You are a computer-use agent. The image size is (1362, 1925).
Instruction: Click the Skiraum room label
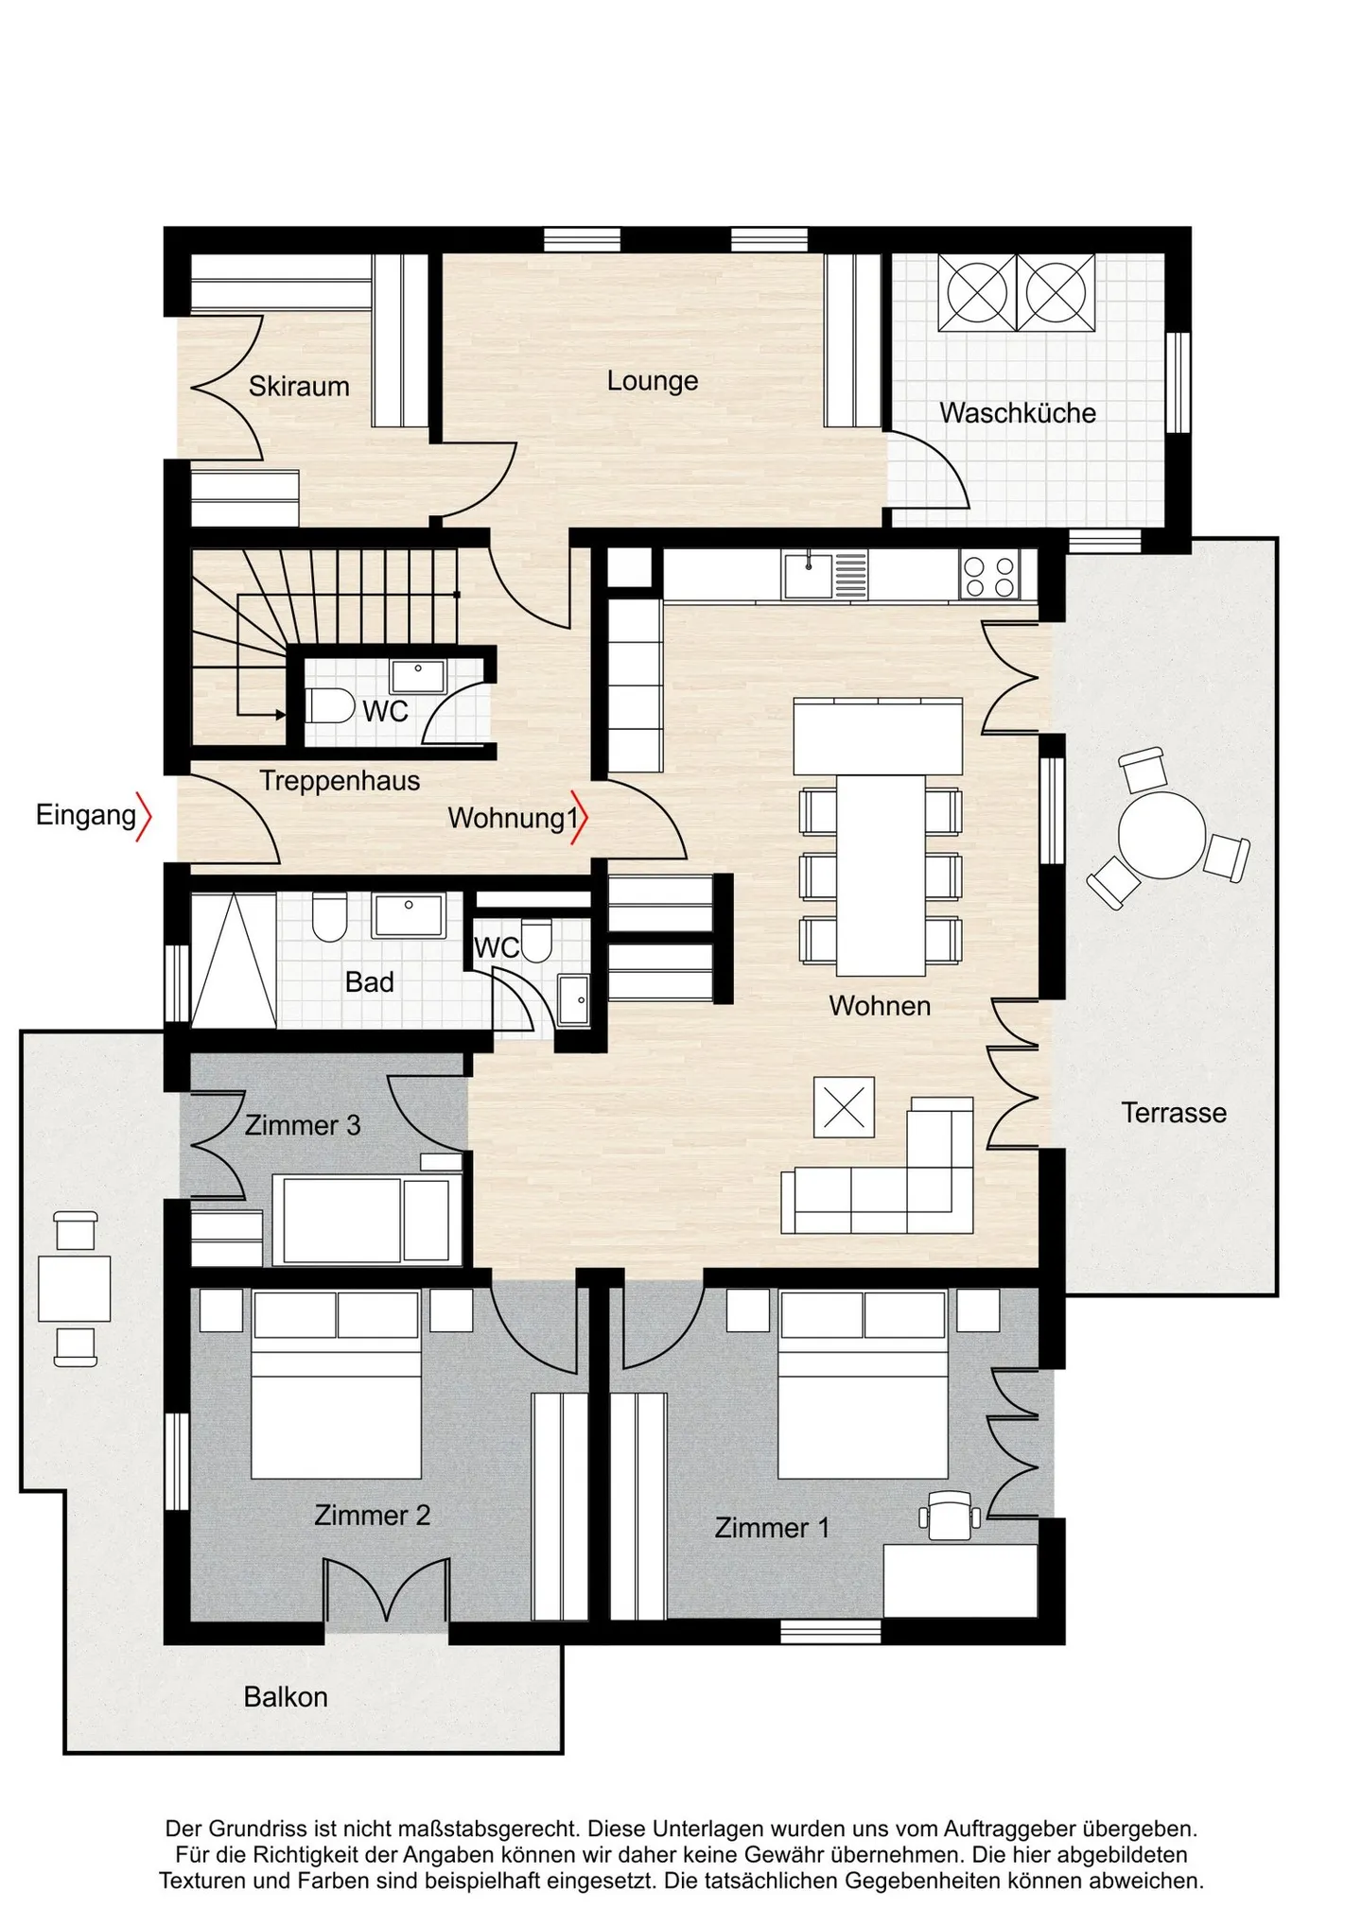[x=299, y=386]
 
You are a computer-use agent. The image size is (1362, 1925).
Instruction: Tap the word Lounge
[x=652, y=381]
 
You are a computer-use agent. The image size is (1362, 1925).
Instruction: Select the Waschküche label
[x=1017, y=413]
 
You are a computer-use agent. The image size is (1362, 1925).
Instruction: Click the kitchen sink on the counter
[x=808, y=575]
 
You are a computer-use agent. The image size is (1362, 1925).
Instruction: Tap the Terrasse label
[x=1173, y=1113]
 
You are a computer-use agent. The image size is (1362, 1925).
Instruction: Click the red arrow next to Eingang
[x=144, y=816]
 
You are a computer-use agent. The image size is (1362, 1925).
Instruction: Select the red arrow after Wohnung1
[x=581, y=818]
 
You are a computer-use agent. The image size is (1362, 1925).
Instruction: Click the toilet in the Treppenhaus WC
[x=329, y=705]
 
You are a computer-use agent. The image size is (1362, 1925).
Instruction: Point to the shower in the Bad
[x=233, y=960]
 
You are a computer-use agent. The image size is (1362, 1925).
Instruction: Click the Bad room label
[x=369, y=982]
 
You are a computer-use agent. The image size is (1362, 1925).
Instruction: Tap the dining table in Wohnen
[x=880, y=875]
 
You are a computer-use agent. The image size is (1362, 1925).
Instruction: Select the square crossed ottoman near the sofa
[x=844, y=1107]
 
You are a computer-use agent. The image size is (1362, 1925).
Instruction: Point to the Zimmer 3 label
[x=303, y=1125]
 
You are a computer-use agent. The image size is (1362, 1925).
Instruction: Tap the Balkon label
[x=286, y=1696]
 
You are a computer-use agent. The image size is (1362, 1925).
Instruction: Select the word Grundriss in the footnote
[x=256, y=1829]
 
